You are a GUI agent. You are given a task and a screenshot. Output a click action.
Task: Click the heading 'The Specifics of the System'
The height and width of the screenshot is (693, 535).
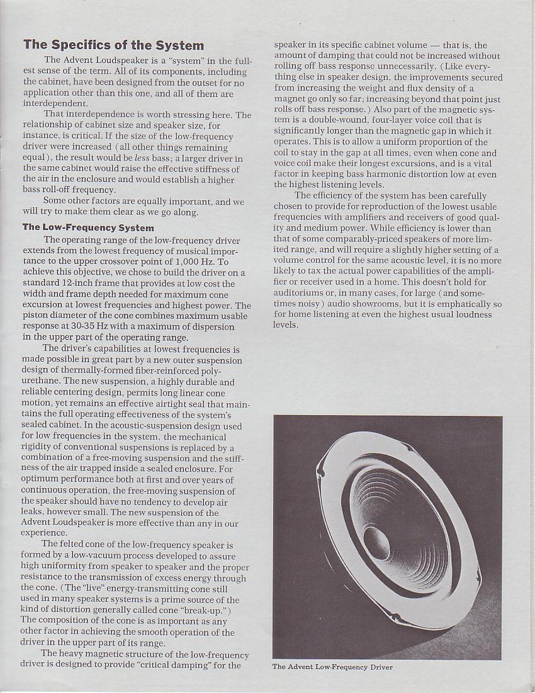point(113,45)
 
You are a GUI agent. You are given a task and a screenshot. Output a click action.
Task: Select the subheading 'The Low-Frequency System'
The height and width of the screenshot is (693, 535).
point(88,227)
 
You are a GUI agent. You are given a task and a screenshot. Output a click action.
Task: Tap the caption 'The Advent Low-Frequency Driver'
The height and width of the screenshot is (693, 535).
point(332,667)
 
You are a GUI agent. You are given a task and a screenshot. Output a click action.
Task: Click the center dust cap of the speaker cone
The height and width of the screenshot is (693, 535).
point(377,543)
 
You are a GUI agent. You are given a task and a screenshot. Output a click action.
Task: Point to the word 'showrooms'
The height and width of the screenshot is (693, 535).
point(349,304)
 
